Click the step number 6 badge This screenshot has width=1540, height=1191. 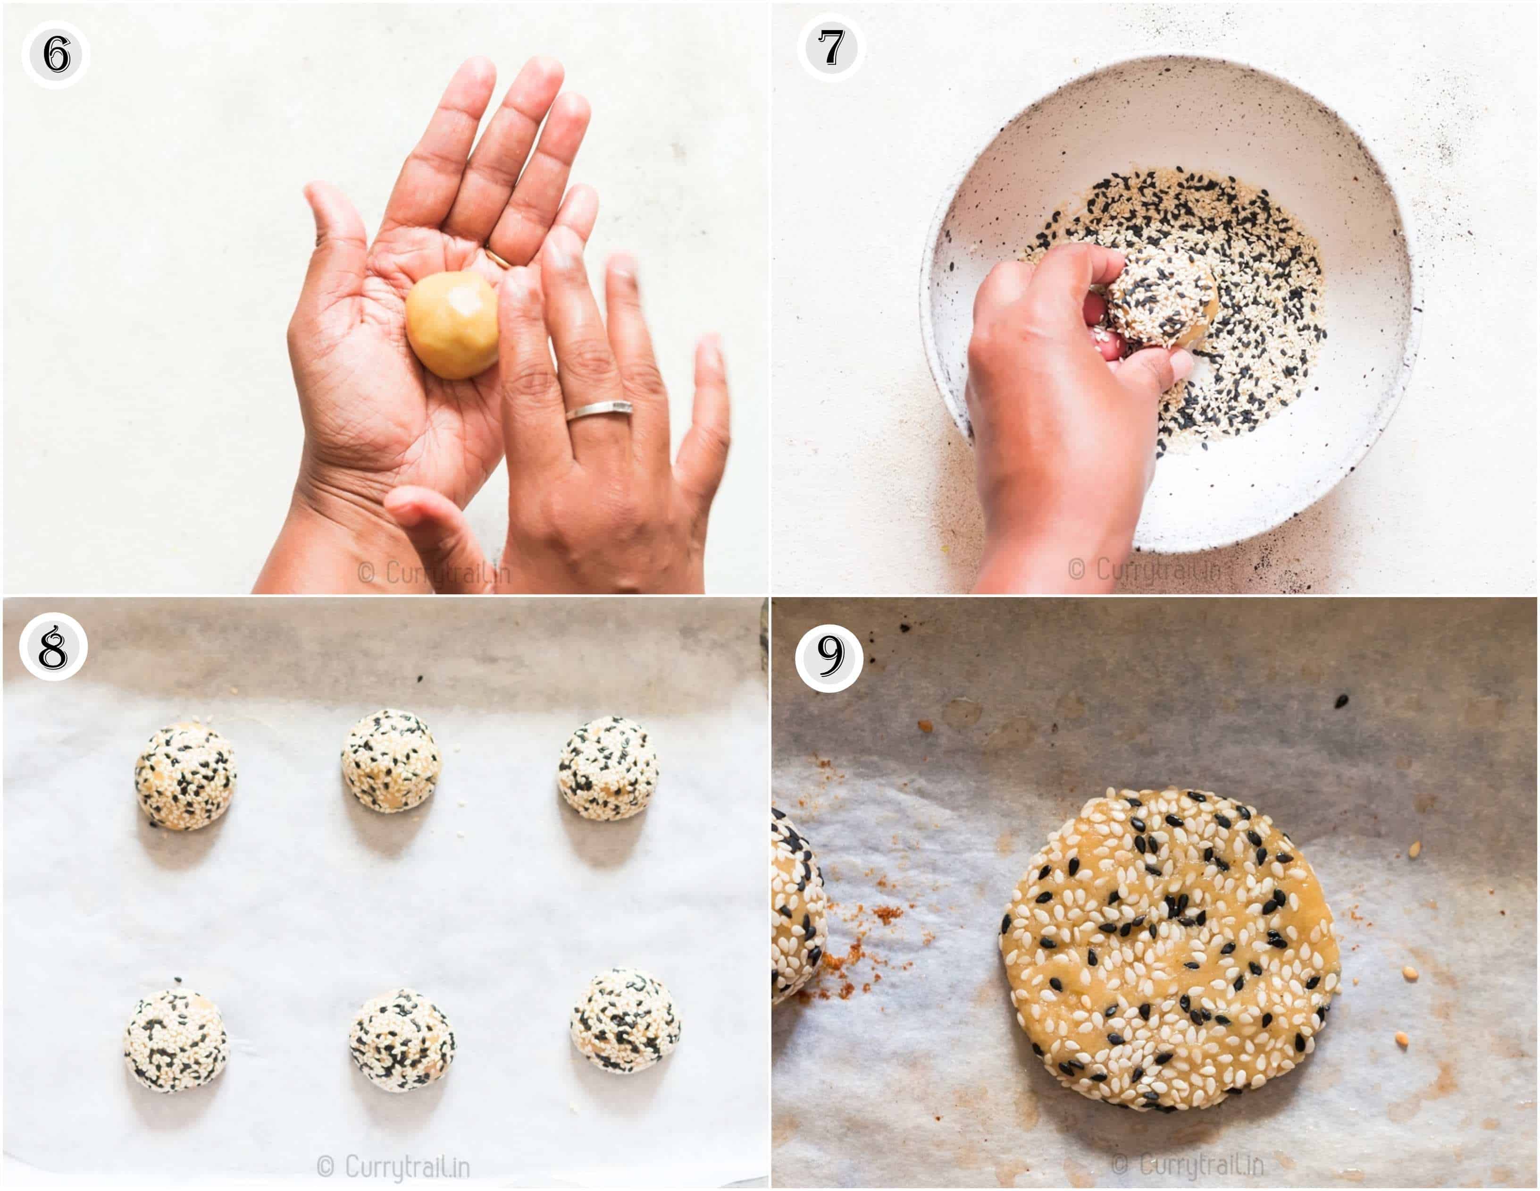56,54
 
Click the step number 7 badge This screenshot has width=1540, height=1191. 832,48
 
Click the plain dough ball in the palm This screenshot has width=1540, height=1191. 452,325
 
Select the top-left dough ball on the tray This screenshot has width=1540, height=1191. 185,776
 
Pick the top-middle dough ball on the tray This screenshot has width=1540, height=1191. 391,760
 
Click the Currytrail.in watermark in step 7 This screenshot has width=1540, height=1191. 1149,569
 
